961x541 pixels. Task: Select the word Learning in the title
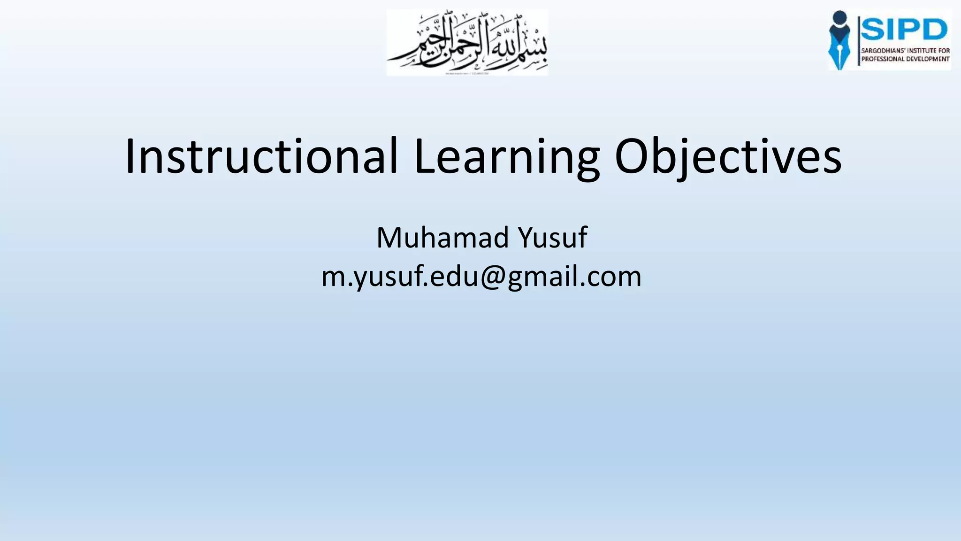pyautogui.click(x=506, y=156)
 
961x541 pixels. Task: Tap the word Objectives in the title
pyautogui.click(x=728, y=156)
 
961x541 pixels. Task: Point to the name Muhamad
pyautogui.click(x=442, y=238)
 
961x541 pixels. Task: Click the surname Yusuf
pyautogui.click(x=553, y=238)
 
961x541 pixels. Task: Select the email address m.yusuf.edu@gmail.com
pyautogui.click(x=481, y=276)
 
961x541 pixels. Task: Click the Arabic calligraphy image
pyautogui.click(x=467, y=42)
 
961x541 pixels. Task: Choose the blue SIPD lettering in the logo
pyautogui.click(x=904, y=30)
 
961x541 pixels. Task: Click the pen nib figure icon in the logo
pyautogui.click(x=839, y=40)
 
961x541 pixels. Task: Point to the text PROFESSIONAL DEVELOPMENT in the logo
pyautogui.click(x=905, y=59)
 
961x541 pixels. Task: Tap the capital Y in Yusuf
pyautogui.click(x=526, y=238)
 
